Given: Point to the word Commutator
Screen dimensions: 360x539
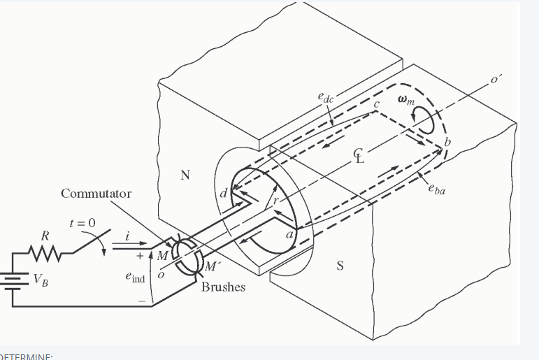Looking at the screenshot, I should pos(96,193).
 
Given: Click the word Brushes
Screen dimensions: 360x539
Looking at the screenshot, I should pos(224,287).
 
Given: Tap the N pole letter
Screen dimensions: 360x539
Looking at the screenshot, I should pos(185,175).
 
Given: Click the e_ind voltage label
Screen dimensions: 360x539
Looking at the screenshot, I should pos(134,278).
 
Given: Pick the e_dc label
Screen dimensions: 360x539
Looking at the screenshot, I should pos(325,97).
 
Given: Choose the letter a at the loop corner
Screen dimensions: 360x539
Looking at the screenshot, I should pos(288,236).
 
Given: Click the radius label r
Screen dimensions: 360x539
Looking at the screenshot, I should pos(276,201).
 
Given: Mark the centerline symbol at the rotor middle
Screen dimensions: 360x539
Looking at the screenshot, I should pos(359,156).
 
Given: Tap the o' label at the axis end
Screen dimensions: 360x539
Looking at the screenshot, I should pos(496,80).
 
